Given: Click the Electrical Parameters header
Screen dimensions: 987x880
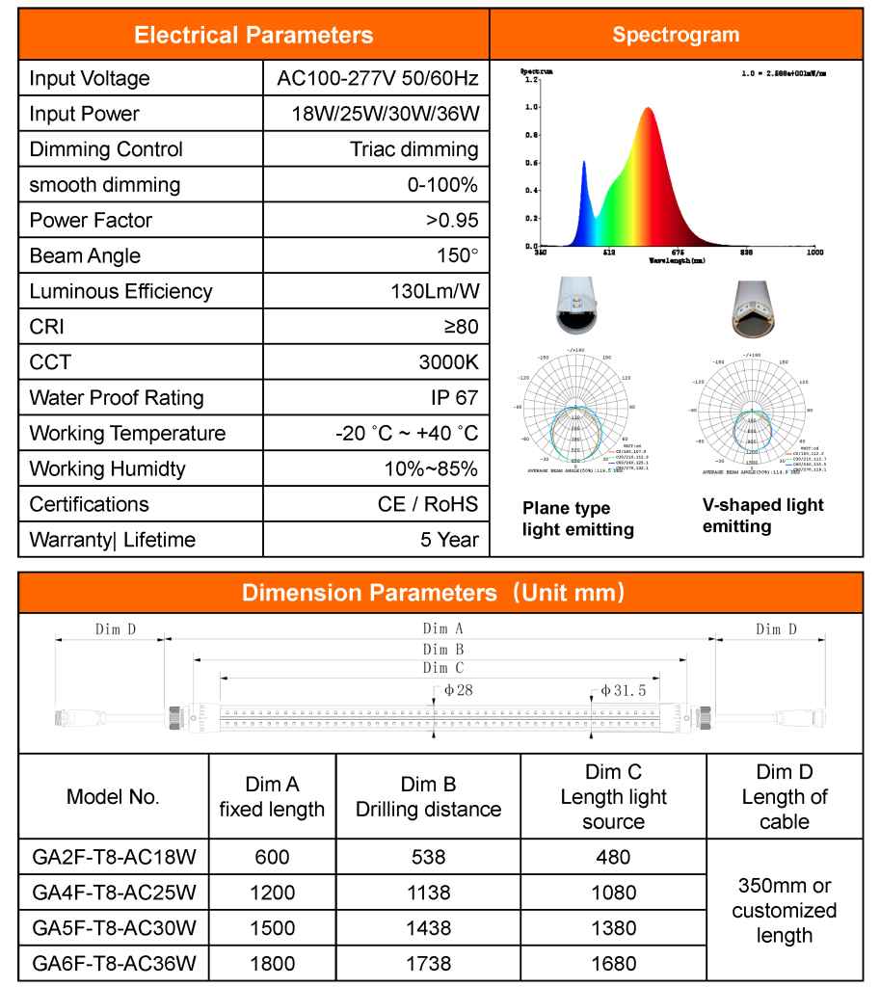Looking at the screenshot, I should click(x=253, y=36).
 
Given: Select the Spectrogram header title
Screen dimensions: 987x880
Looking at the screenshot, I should click(x=676, y=35).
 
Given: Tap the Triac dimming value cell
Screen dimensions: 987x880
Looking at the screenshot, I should click(x=413, y=149).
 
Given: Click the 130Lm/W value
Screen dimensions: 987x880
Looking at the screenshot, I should click(x=434, y=291).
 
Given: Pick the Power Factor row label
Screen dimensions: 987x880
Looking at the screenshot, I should click(x=91, y=220).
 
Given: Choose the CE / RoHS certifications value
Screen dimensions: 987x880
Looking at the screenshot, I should click(x=427, y=504).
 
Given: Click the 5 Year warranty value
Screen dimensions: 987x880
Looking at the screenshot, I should click(x=448, y=540).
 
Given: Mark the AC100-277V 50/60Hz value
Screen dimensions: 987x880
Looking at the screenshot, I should click(x=377, y=78).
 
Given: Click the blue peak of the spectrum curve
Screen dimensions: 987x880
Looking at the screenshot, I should click(x=584, y=165).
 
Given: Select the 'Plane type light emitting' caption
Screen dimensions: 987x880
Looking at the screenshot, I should click(x=578, y=519).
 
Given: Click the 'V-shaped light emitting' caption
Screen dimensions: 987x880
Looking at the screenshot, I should click(x=762, y=516).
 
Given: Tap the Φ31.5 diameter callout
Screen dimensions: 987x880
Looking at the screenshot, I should click(x=623, y=690).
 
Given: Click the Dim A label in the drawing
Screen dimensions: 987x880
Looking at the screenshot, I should click(x=436, y=628).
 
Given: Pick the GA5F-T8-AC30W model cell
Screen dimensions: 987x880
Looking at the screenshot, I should click(x=114, y=928).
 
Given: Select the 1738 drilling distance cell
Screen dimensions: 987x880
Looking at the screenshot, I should click(x=428, y=963).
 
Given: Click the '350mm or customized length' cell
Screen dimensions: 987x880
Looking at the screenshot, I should click(x=785, y=910).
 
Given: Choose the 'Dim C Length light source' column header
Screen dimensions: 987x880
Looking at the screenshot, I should click(x=613, y=797).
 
